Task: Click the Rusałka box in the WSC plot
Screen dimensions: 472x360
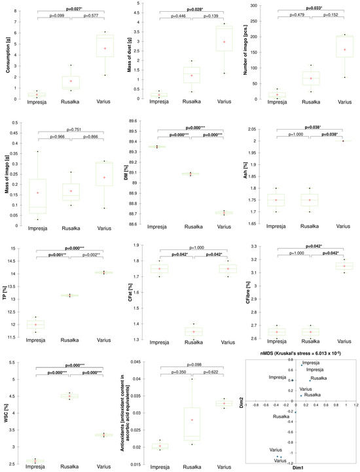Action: coord(69,395)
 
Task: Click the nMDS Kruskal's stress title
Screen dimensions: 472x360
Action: coord(303,353)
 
